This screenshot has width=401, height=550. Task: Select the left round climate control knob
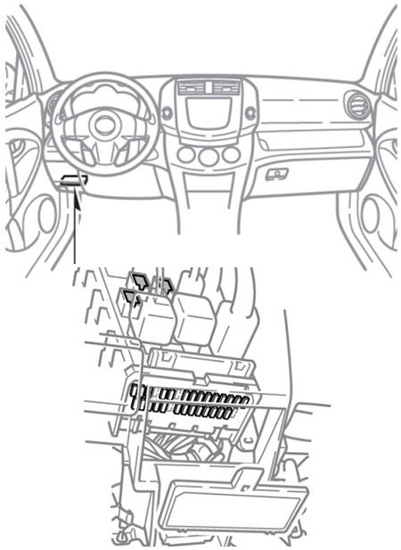coord(186,155)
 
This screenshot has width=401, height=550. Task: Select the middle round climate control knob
coord(209,155)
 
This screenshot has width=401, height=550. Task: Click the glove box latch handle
coord(276,174)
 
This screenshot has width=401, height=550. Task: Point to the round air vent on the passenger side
coord(356,103)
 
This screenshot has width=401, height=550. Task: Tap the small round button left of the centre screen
coord(167,113)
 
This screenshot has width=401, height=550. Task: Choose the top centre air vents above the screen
coord(209,87)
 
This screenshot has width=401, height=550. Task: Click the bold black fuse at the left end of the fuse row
coord(135,396)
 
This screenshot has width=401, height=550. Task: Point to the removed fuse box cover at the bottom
coord(232,505)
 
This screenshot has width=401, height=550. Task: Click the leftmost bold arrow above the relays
coord(130,300)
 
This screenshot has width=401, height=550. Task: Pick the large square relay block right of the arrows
coord(192,319)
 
